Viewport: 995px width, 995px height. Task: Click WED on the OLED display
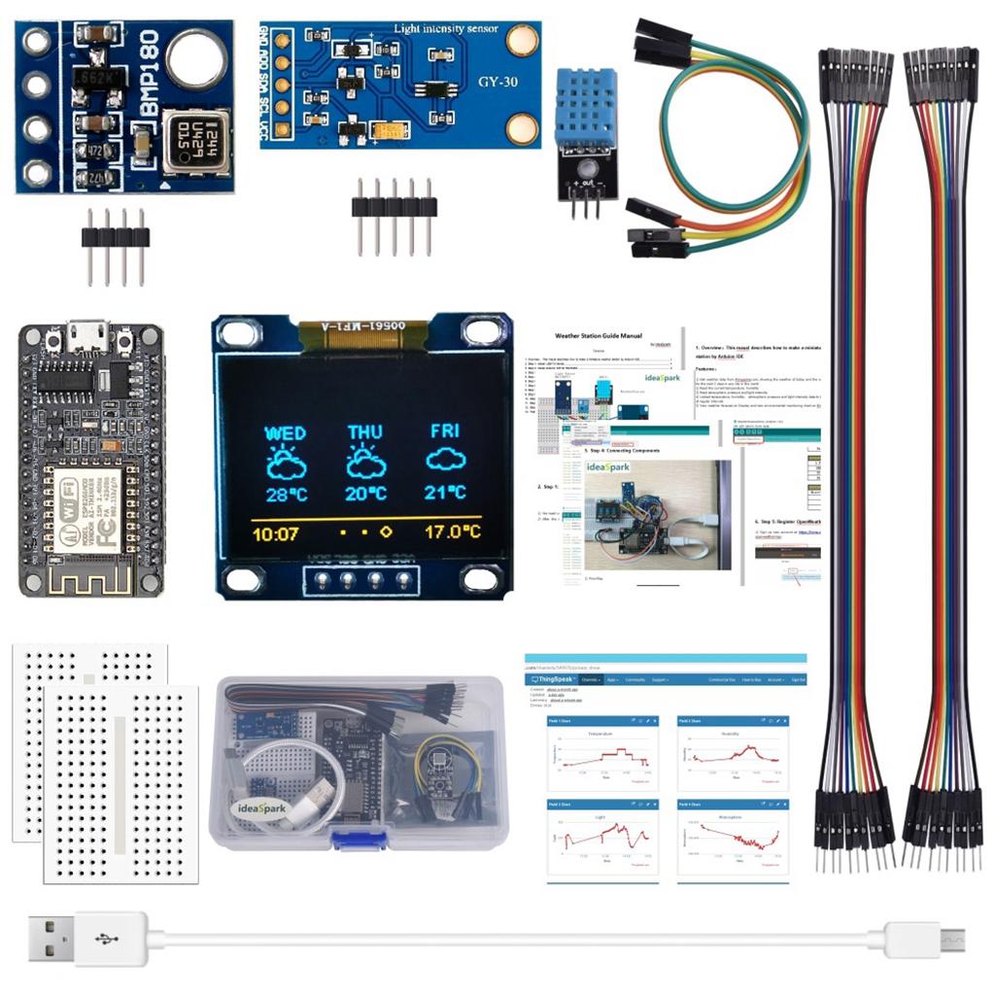point(286,432)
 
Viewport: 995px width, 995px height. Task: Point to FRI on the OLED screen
point(446,430)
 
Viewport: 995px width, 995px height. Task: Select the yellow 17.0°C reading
point(452,532)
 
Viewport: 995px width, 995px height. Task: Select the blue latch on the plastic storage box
point(360,839)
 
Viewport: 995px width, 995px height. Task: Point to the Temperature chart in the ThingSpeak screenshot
point(602,754)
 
